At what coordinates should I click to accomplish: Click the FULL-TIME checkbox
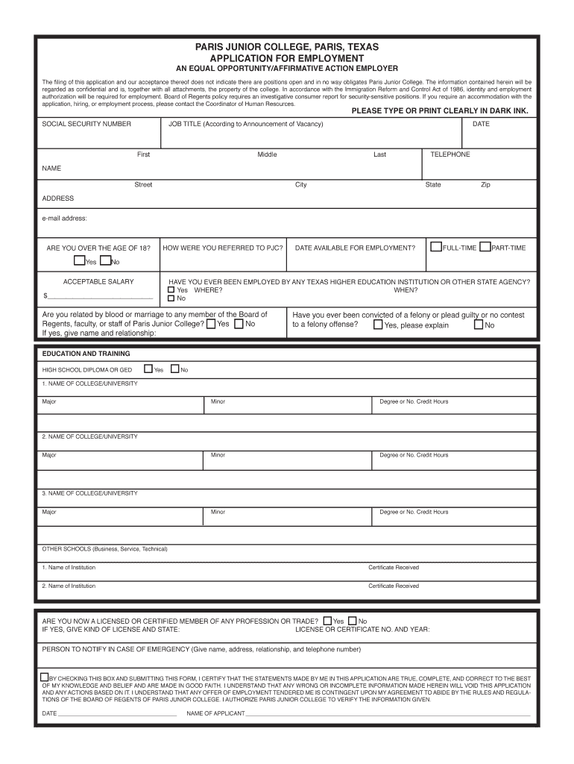[x=436, y=246]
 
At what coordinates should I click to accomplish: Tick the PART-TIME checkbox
[x=485, y=246]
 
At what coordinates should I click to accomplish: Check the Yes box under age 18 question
[x=79, y=260]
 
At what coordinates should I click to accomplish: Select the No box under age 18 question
[x=105, y=260]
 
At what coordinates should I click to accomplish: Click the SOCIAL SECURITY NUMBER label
[x=86, y=124]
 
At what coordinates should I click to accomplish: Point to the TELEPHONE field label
[x=450, y=154]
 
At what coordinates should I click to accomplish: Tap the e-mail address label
[x=65, y=219]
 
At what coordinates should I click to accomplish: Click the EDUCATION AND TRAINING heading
[x=86, y=354]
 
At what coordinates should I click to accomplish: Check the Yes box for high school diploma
[x=148, y=369]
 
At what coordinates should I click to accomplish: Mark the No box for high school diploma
[x=175, y=369]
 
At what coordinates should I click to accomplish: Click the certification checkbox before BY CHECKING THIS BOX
[x=44, y=677]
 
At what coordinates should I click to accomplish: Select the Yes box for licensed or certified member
[x=328, y=620]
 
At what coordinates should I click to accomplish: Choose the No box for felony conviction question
[x=479, y=324]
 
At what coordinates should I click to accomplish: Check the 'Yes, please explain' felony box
[x=378, y=324]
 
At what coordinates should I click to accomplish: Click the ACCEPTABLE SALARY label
[x=98, y=281]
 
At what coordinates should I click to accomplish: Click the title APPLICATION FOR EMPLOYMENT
[x=287, y=58]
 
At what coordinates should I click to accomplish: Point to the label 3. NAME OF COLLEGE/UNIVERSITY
[x=89, y=493]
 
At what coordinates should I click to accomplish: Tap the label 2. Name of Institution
[x=69, y=586]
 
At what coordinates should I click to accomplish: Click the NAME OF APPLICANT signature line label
[x=215, y=713]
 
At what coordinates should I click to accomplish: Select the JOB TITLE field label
[x=246, y=124]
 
